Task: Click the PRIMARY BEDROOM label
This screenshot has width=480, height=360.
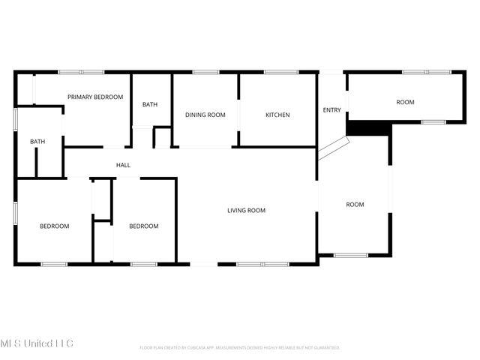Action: pos(95,97)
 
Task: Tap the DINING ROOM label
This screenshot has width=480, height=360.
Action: pos(205,115)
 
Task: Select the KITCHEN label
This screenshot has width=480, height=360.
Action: pos(277,115)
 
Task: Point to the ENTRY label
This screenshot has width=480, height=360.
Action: pos(331,110)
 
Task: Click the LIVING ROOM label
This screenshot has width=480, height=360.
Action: pos(247,211)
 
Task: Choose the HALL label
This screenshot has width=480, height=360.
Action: pos(123,165)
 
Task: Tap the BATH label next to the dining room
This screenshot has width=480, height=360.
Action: pos(151,105)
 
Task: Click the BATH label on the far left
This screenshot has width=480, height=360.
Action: pos(37,142)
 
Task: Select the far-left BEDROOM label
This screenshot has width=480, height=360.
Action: pos(55,226)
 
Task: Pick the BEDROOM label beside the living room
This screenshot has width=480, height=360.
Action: pos(143,226)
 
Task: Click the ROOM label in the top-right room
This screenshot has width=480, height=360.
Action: pos(406,102)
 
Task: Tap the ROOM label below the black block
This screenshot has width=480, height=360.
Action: pos(355,205)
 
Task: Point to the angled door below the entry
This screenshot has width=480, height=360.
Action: pos(331,148)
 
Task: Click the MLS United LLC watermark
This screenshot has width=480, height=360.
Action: pos(37,343)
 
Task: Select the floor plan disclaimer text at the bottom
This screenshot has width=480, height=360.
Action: pos(240,348)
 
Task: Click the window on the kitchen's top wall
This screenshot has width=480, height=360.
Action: pos(281,72)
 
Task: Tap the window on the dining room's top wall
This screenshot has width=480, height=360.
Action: pos(205,72)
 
